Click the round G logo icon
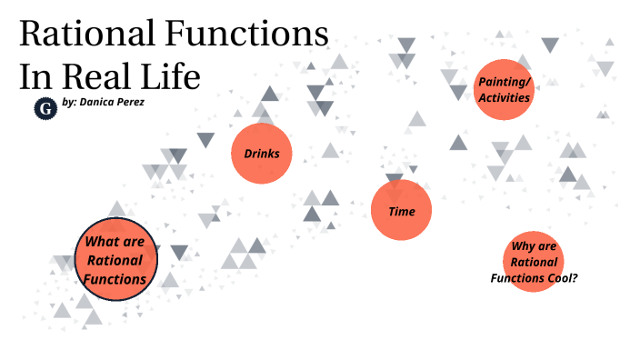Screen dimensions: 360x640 click(44, 108)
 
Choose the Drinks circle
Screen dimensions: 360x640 click(261, 154)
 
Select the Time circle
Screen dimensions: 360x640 click(401, 211)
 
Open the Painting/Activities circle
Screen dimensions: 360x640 click(503, 90)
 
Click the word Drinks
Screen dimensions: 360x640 click(261, 154)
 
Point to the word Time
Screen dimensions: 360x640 click(401, 212)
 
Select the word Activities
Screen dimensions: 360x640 click(504, 97)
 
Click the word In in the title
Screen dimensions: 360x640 click(34, 76)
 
